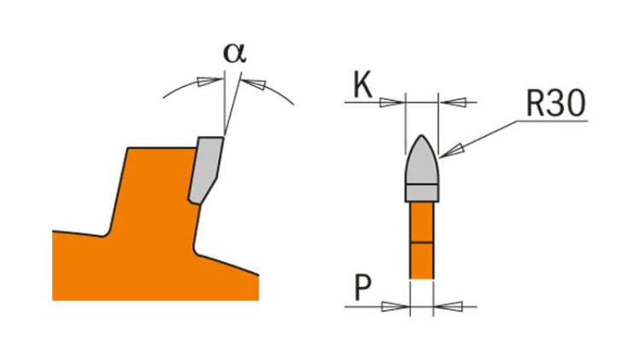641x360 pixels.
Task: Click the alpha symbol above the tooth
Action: tap(235, 53)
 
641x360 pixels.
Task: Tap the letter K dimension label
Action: tap(362, 86)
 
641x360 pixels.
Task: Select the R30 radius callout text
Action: tap(556, 104)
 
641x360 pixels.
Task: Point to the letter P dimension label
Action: tap(362, 287)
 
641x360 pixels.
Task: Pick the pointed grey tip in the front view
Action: tap(422, 161)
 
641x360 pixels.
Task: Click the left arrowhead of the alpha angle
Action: tap(208, 81)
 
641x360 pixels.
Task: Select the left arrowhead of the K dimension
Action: tap(391, 102)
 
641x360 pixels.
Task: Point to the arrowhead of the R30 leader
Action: tap(452, 150)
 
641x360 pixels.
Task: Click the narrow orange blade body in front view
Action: tap(421, 240)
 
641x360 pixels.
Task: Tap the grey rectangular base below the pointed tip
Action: tap(422, 193)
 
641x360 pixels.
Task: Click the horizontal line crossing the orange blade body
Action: tap(421, 242)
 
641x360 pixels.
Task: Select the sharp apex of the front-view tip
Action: tap(422, 135)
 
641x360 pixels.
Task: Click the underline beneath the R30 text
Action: tap(552, 121)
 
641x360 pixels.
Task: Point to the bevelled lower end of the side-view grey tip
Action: tap(203, 191)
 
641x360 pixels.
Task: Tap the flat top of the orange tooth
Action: tap(161, 148)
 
